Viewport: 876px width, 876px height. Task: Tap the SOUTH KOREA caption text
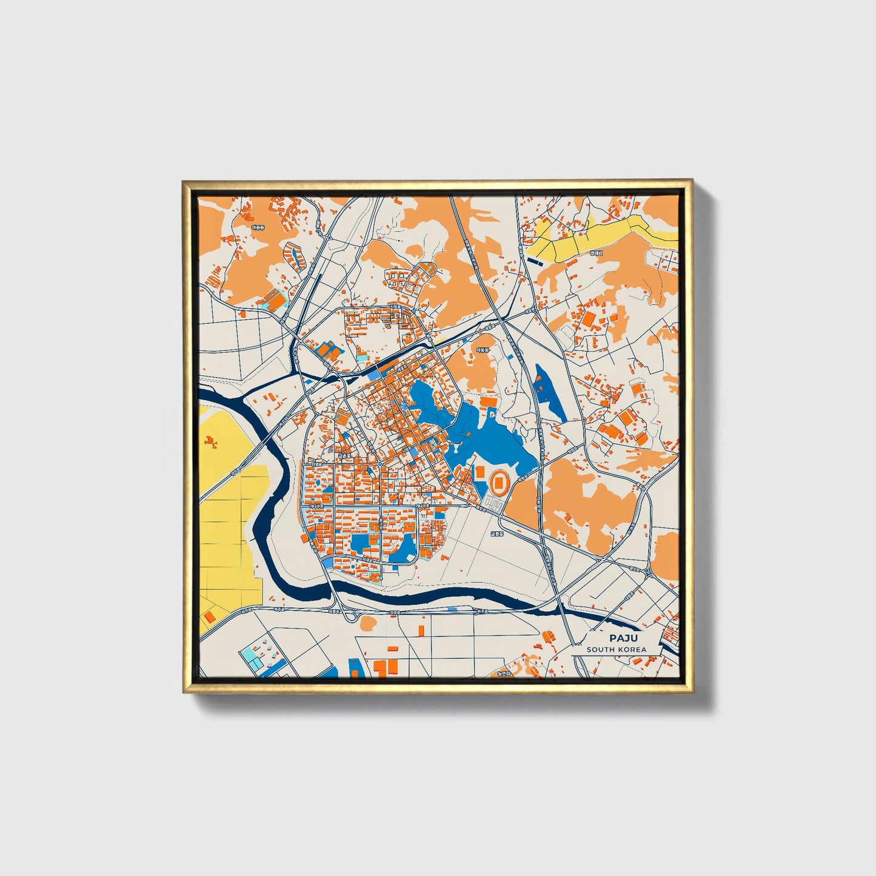coord(616,649)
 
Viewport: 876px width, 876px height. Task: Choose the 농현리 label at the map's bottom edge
coord(503,673)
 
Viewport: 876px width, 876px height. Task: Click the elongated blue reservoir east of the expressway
coord(550,393)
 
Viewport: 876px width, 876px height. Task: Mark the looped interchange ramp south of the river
coord(350,616)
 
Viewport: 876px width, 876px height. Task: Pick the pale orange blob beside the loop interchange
coord(368,623)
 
